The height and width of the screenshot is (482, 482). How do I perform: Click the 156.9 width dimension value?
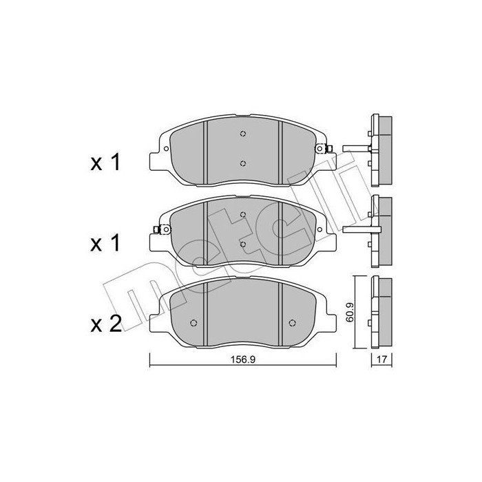[x=243, y=359]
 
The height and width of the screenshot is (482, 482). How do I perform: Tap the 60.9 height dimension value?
[x=350, y=313]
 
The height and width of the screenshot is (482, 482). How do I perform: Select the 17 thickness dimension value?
[x=381, y=359]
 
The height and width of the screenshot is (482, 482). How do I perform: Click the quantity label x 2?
[x=106, y=324]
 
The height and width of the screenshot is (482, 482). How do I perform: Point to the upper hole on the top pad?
[x=243, y=134]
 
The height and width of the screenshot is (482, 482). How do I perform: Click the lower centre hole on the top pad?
[x=243, y=163]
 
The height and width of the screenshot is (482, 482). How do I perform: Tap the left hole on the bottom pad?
[x=193, y=323]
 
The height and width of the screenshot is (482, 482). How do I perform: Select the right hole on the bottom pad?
[x=293, y=323]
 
